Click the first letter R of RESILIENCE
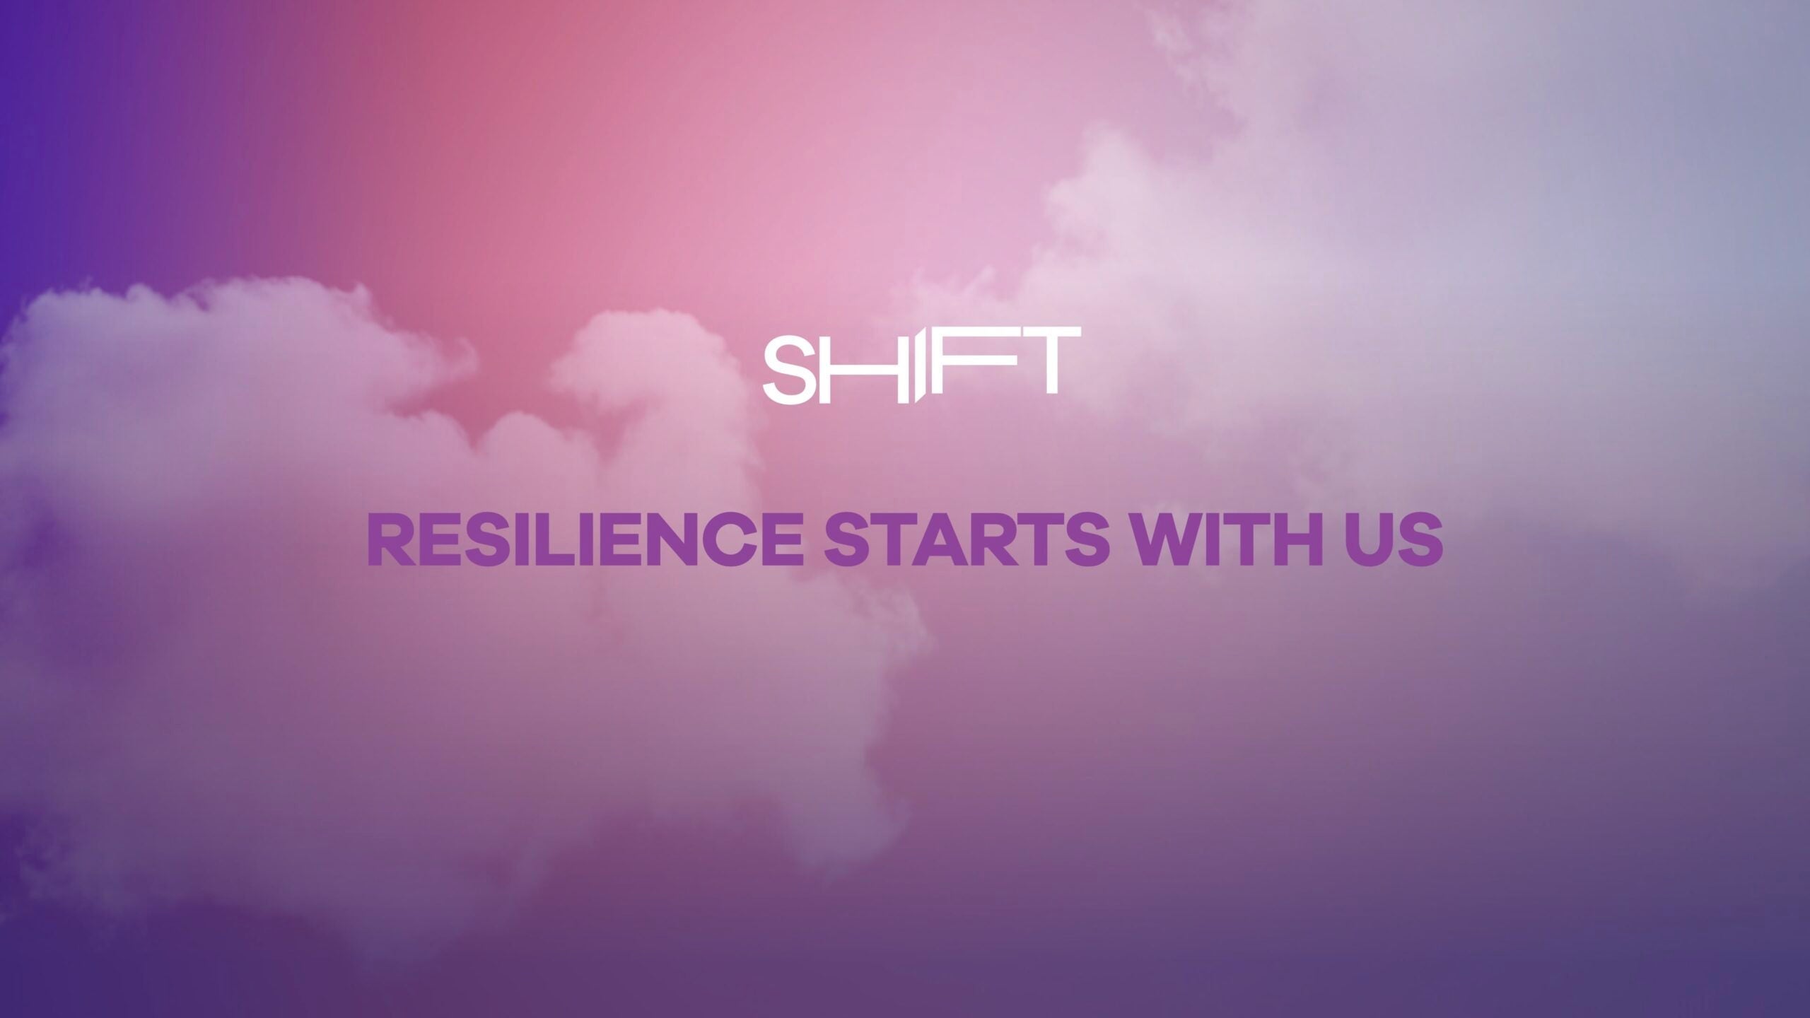(390, 541)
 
